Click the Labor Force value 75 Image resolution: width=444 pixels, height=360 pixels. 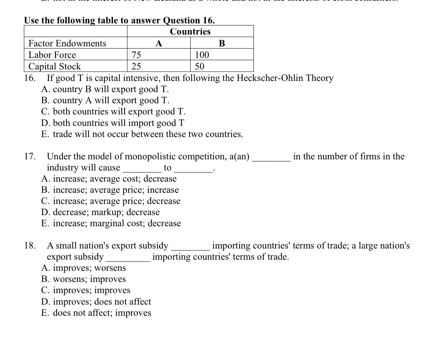(136, 55)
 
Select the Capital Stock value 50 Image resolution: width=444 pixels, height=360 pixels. (200, 67)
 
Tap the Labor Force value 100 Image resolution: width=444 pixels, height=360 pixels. (202, 55)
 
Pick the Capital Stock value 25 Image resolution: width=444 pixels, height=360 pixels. (136, 67)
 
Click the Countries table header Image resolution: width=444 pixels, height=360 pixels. (190, 32)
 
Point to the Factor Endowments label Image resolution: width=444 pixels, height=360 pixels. (67, 43)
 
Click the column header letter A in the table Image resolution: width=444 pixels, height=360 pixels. (159, 43)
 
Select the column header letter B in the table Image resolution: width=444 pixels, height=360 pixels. (222, 43)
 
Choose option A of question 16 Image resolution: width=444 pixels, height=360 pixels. (105, 89)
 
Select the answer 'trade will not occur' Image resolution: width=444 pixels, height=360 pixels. (142, 134)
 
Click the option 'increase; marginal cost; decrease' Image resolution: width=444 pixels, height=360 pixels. (111, 223)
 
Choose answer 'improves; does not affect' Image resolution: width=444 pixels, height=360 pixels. (96, 301)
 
